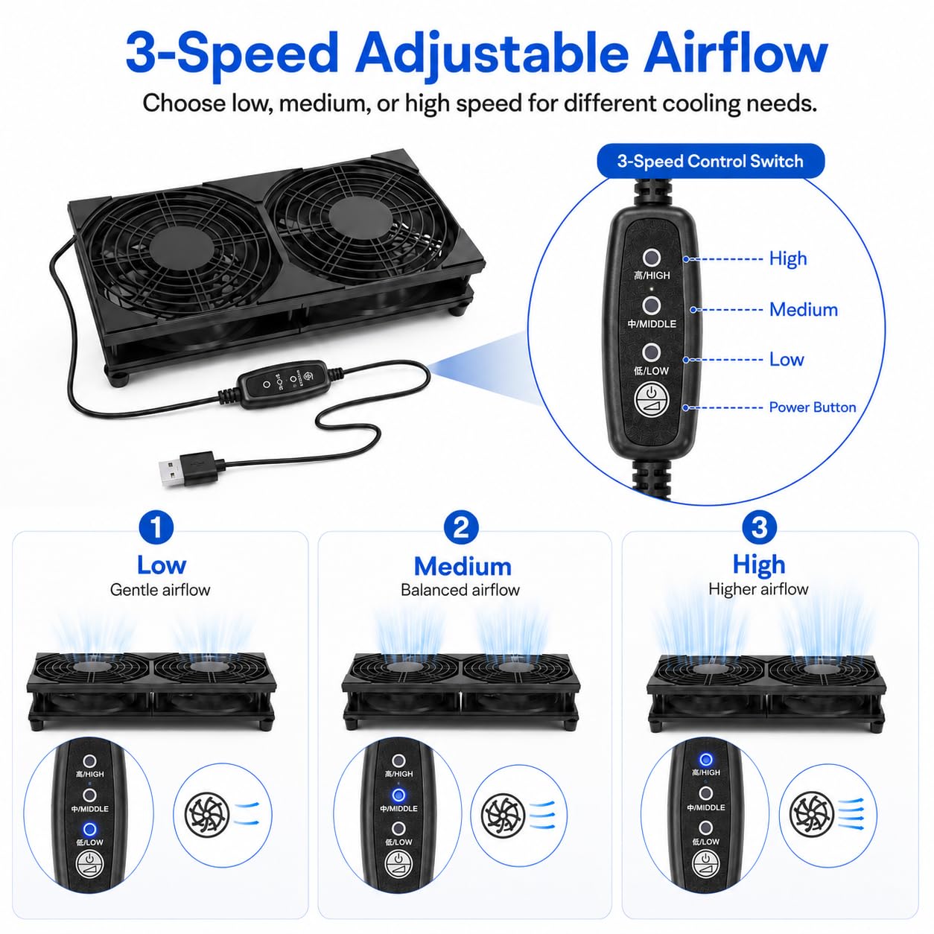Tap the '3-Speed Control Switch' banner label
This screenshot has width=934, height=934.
710,161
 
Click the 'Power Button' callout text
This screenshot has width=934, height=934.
813,407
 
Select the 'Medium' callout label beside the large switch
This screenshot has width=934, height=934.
804,310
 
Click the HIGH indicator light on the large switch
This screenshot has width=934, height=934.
652,258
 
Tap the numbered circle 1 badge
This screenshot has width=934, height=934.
156,527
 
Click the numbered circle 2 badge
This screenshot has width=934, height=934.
461,527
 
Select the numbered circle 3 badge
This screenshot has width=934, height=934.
759,527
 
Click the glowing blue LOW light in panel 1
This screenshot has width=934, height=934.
89,829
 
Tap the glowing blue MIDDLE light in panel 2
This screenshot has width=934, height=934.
398,795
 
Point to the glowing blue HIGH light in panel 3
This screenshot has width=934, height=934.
705,760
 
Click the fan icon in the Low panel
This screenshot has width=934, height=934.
207,816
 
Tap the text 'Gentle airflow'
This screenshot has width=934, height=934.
160,590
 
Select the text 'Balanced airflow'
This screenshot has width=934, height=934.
460,590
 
